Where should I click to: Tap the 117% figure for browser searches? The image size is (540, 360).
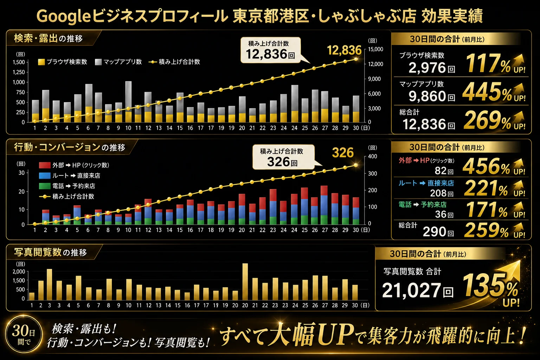[488, 63]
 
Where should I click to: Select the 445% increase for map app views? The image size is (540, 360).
[487, 92]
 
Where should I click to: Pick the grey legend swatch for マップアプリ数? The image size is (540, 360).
[98, 62]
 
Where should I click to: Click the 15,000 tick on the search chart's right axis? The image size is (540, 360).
[375, 49]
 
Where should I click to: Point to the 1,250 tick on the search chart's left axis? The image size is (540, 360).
[19, 72]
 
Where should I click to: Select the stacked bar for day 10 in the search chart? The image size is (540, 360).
[128, 102]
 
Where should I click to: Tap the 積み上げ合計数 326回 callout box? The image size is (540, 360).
[283, 157]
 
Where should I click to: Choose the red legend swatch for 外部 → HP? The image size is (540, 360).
[45, 165]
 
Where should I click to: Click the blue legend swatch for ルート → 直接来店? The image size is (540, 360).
[45, 175]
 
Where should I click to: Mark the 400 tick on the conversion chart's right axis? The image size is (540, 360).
[373, 156]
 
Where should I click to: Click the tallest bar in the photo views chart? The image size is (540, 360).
[245, 282]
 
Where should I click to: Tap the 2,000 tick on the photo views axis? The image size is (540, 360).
[19, 271]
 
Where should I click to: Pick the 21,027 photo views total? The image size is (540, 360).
[412, 290]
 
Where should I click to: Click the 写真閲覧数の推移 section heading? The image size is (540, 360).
[50, 252]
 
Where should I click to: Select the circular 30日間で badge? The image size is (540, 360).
[24, 334]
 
